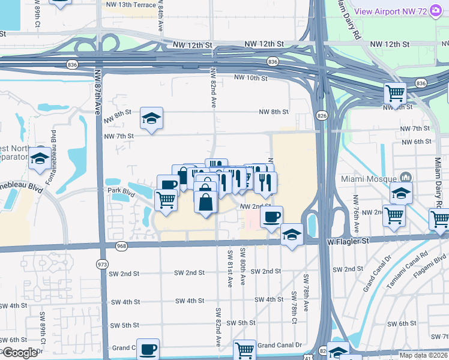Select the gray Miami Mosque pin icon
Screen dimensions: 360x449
405,178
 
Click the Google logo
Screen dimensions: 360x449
20,353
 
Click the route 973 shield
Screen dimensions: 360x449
101,263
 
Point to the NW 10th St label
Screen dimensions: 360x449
250,77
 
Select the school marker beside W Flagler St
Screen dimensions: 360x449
292,236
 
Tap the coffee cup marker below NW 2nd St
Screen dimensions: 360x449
271,217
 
